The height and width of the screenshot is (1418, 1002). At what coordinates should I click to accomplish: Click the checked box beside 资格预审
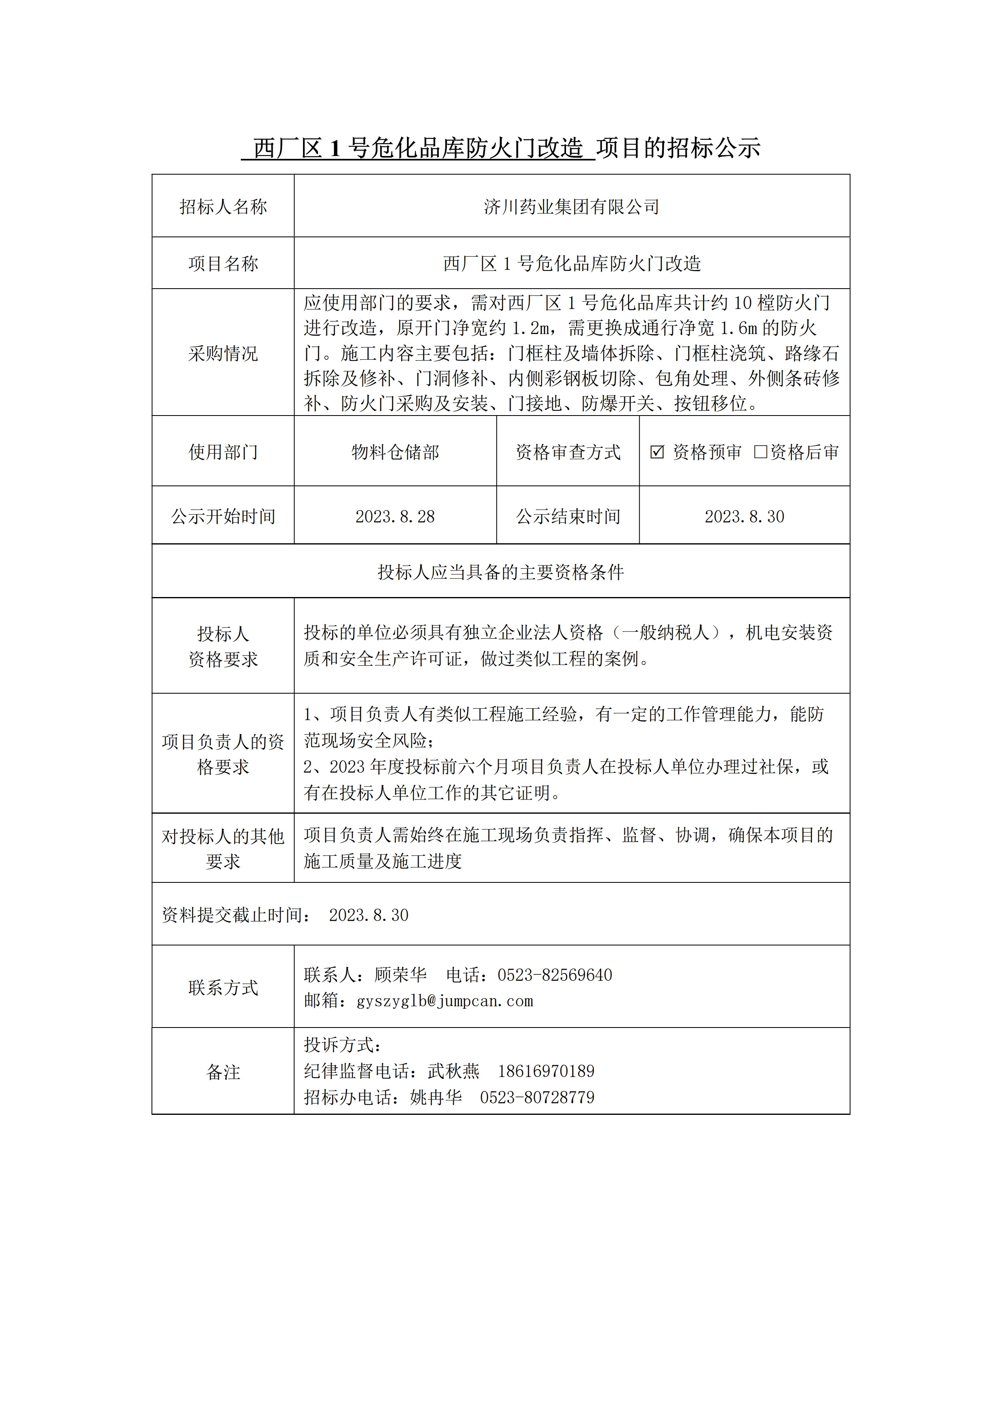[x=657, y=452]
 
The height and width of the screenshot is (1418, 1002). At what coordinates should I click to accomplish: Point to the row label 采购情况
[x=223, y=353]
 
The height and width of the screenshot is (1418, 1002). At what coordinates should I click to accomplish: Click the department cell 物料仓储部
[x=395, y=452]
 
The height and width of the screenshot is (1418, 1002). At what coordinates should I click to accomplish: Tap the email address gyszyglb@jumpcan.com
[x=444, y=1001]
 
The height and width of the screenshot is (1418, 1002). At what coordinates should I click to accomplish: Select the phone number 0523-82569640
[x=554, y=975]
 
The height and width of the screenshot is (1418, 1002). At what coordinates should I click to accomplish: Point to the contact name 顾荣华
[x=400, y=975]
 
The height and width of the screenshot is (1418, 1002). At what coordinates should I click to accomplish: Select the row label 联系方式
[x=223, y=988]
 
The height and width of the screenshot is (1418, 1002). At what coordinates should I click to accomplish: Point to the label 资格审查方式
[x=568, y=452]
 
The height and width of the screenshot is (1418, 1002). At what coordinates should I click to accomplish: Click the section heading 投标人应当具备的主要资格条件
[x=501, y=572]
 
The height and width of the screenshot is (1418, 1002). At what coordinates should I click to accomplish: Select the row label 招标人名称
[x=223, y=207]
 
